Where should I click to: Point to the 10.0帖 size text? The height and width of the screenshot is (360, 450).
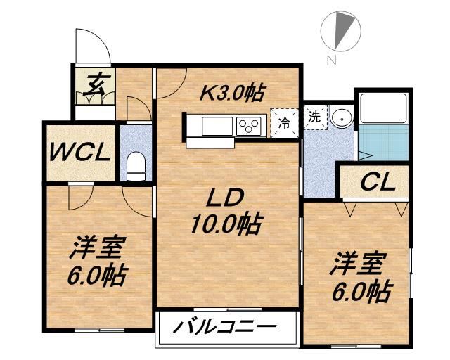tap(225, 224)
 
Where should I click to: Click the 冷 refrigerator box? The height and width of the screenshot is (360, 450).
tap(285, 122)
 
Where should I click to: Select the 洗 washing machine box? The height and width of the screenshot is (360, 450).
tap(314, 116)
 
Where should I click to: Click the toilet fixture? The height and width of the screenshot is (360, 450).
tap(136, 167)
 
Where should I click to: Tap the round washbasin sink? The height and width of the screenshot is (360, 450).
tap(342, 118)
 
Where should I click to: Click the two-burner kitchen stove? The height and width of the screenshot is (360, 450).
tap(249, 126)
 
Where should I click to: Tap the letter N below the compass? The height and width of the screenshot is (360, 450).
tap(330, 60)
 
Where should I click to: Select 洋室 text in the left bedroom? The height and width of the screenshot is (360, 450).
tap(98, 248)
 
